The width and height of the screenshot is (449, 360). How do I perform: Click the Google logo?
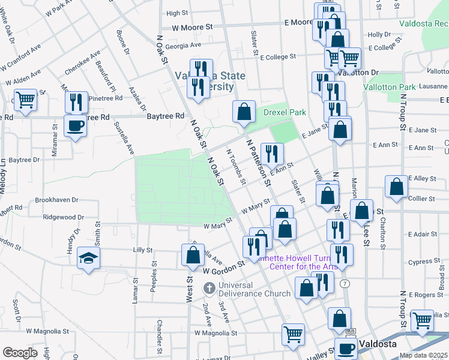pos(20,353)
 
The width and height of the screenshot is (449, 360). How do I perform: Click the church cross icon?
pos(209,289)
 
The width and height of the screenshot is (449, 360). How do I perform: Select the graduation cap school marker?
pos(88,259)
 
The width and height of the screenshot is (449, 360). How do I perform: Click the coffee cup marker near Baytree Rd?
pos(75,126)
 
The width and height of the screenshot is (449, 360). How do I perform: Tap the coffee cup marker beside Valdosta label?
pos(346,348)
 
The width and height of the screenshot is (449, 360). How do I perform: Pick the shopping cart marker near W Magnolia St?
pos(293,334)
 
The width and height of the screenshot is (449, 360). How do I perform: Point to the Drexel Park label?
pos(285,112)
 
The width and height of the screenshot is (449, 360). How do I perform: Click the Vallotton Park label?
pos(390,87)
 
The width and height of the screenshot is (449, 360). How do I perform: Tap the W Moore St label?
pos(192,27)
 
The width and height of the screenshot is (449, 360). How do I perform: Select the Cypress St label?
pos(420,262)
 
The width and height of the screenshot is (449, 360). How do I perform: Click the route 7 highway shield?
pos(343,283)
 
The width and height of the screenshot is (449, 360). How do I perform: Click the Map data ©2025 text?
pos(424,355)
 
